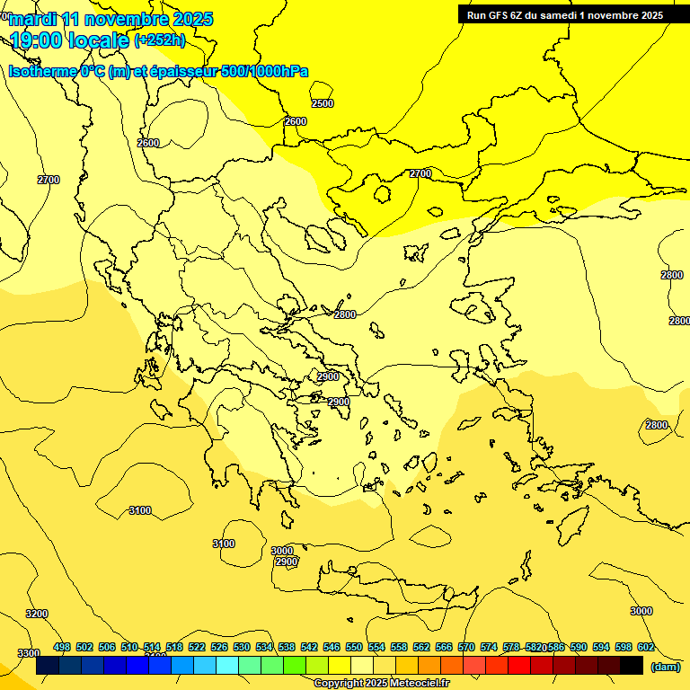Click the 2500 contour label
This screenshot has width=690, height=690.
click(x=323, y=103)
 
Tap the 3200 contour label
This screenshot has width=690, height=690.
click(x=37, y=614)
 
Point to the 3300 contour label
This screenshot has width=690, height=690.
click(x=29, y=653)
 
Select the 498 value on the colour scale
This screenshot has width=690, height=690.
click(x=62, y=647)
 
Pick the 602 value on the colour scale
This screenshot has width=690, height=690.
click(x=645, y=647)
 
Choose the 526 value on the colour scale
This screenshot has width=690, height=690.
click(x=219, y=647)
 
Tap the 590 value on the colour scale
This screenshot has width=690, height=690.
click(x=579, y=647)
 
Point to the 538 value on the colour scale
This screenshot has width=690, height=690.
click(x=287, y=647)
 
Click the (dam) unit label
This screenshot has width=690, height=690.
click(x=665, y=666)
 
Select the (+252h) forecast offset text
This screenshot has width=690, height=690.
click(x=160, y=40)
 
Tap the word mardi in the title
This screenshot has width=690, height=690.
click(x=31, y=19)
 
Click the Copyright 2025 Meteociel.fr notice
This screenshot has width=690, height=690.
click(x=381, y=683)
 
